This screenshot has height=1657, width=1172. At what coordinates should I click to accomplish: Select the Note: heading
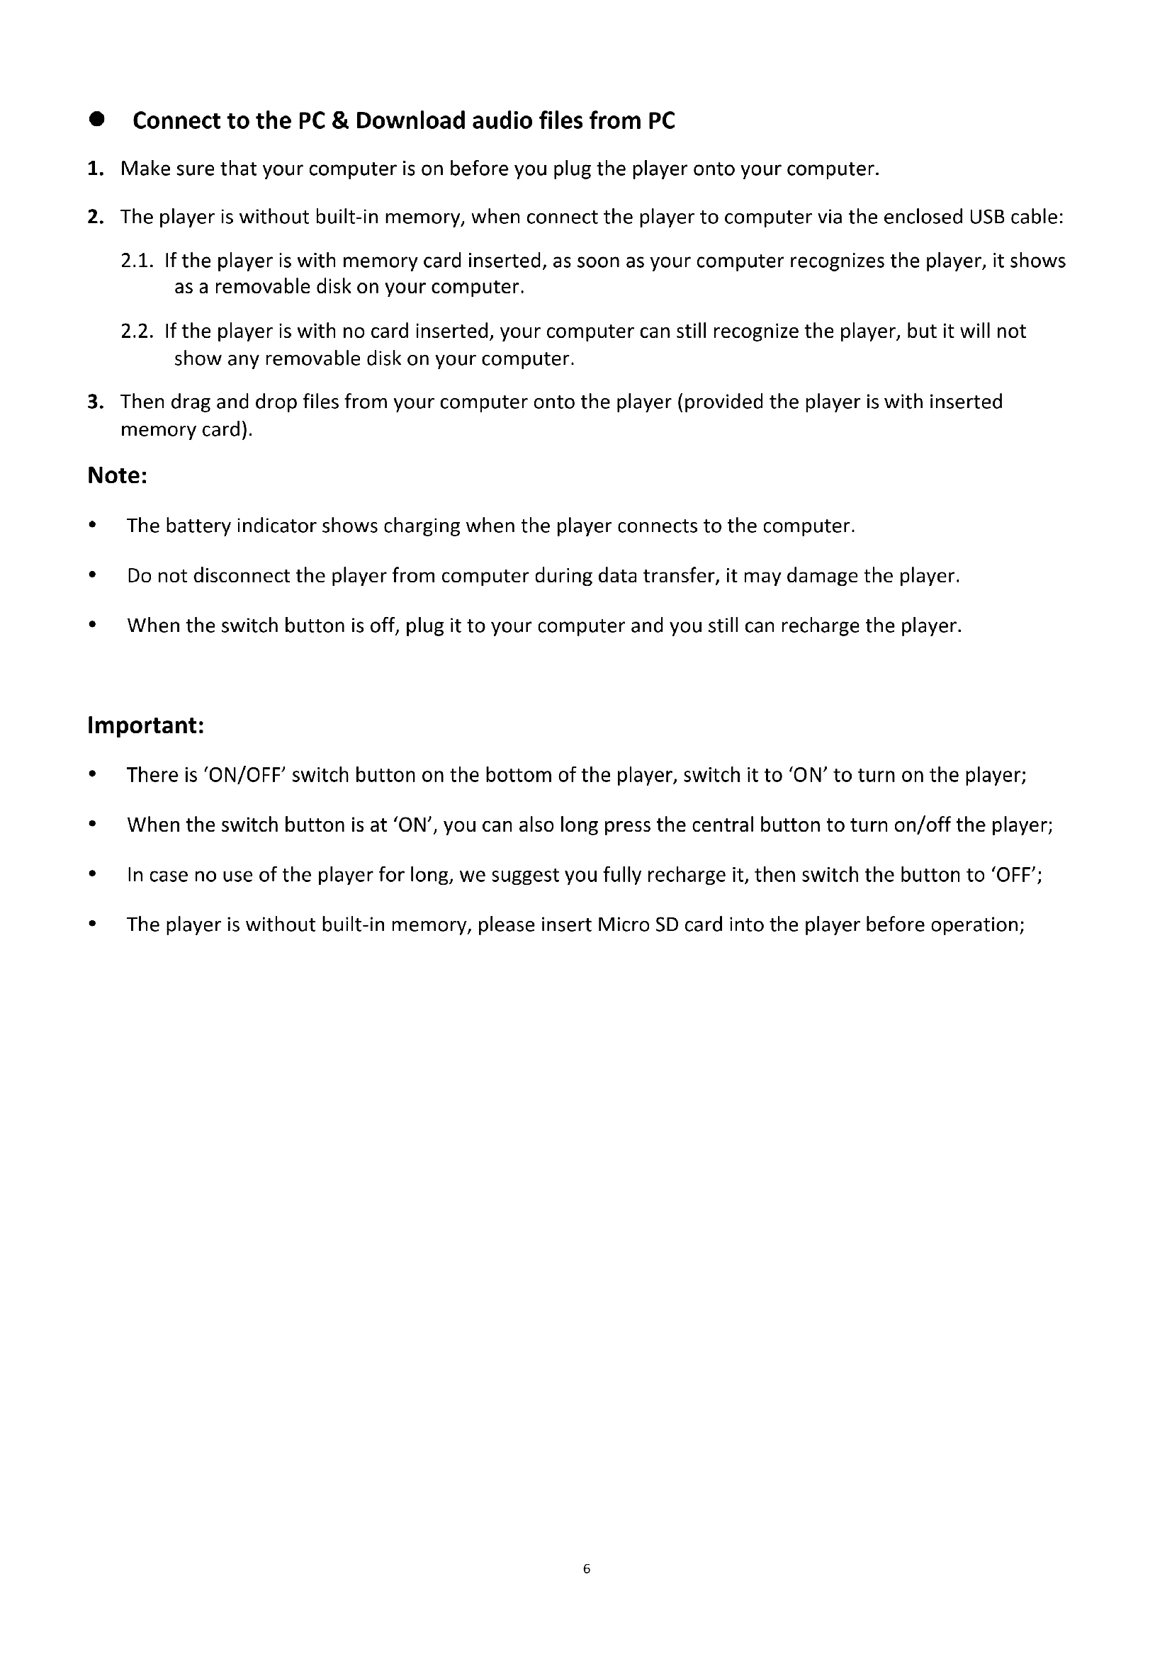click(118, 476)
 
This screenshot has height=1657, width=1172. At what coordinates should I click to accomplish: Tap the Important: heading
click(146, 726)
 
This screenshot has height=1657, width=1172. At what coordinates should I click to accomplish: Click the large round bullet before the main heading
click(96, 120)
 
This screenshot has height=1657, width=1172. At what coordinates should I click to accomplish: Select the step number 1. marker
click(96, 169)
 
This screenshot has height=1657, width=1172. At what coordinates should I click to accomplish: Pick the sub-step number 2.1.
click(137, 261)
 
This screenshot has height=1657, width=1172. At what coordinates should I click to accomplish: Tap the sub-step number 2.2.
click(137, 332)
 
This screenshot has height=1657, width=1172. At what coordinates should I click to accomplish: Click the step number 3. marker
click(96, 402)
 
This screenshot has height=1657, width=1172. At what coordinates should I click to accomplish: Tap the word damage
click(822, 577)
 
